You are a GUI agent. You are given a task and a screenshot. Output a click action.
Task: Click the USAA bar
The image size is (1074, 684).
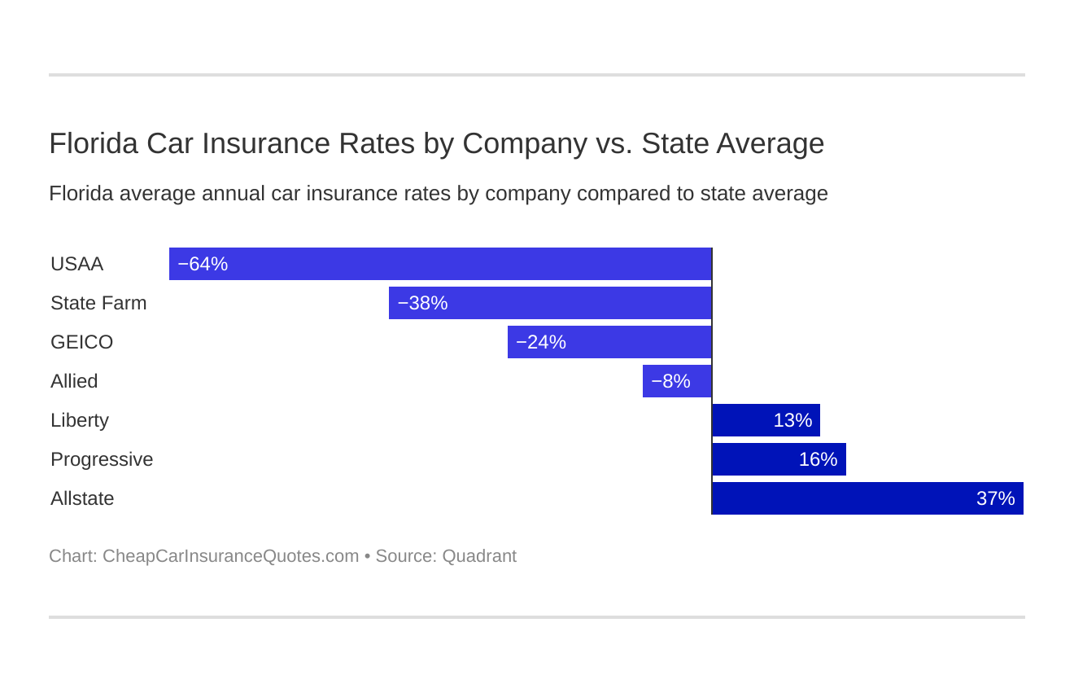440,264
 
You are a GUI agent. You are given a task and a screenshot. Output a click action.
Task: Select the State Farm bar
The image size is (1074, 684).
550,303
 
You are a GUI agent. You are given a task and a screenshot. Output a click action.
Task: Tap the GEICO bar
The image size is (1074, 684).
609,342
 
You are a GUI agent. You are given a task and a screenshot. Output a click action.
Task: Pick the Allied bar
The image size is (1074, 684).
677,381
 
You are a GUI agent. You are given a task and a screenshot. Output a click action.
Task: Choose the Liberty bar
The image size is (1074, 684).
766,420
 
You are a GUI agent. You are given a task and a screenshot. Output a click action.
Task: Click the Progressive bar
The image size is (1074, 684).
779,459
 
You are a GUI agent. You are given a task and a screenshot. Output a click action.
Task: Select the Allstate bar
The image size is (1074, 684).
867,498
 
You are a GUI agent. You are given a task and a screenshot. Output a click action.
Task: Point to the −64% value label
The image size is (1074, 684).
203,264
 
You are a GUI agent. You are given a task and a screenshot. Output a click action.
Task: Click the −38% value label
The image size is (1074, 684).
422,303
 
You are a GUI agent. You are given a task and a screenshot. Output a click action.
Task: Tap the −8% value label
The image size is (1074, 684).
670,381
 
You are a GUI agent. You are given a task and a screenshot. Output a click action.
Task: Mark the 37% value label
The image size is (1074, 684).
995,498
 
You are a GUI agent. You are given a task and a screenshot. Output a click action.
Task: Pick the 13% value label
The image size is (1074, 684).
792,420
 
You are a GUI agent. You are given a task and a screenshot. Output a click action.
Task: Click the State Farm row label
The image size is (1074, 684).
98,303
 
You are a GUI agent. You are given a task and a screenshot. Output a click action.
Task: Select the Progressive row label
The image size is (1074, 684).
102,459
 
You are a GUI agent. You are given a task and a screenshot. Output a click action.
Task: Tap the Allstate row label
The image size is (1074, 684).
82,498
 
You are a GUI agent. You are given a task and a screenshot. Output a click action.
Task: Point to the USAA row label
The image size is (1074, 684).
76,264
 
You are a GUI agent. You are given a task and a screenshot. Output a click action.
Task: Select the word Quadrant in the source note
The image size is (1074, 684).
479,556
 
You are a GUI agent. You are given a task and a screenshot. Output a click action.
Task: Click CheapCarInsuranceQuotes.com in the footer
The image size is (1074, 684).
230,556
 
